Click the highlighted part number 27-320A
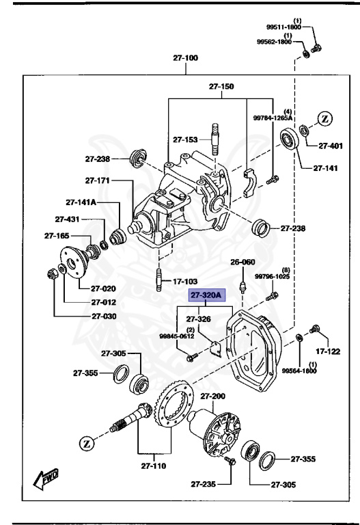[x=206, y=295]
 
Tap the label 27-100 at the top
[x=185, y=59]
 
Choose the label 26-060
[x=242, y=262]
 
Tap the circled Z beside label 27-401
[x=324, y=118]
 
